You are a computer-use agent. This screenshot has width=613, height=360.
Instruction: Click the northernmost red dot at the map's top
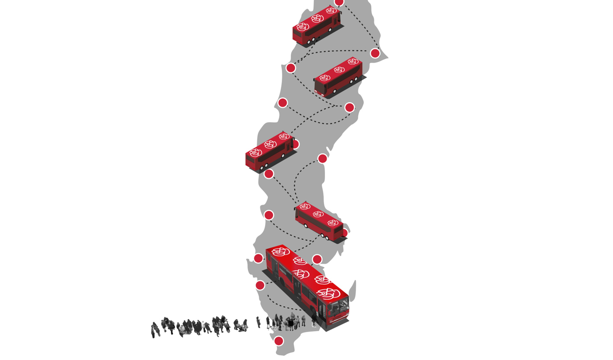(x=339, y=2)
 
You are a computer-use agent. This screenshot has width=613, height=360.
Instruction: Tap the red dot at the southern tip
(x=279, y=341)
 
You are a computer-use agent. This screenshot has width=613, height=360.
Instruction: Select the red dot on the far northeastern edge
(x=375, y=53)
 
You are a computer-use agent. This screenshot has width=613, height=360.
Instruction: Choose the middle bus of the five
(x=270, y=150)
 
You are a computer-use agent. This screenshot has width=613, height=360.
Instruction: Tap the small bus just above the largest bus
(x=319, y=221)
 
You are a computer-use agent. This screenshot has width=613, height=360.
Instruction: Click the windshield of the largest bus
(x=338, y=309)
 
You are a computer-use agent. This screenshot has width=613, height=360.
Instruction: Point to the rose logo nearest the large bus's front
(x=328, y=294)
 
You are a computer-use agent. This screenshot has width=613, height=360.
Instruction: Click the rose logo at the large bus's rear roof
(x=280, y=252)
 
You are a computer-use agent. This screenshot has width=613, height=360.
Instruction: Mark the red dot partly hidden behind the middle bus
(x=296, y=144)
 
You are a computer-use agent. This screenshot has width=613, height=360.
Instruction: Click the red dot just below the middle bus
(x=269, y=174)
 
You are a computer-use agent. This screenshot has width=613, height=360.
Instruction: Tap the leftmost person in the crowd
(x=155, y=330)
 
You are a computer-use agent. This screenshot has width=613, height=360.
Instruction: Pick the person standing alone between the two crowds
(x=258, y=322)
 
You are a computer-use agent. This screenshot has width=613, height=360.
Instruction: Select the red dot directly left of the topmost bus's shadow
(x=291, y=68)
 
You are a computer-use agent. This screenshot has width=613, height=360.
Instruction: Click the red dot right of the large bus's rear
(x=317, y=259)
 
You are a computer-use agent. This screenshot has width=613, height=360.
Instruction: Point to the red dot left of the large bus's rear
(x=258, y=258)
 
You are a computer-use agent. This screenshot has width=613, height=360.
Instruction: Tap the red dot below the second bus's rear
(x=349, y=107)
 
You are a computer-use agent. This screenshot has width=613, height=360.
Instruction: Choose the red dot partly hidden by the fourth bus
(x=345, y=233)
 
